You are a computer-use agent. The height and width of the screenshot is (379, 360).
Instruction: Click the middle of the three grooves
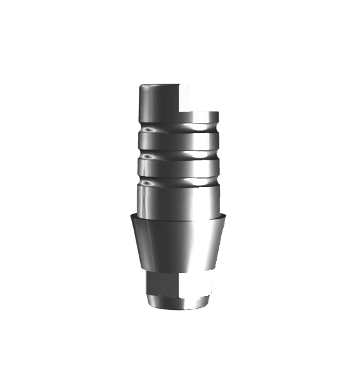pyautogui.click(x=179, y=154)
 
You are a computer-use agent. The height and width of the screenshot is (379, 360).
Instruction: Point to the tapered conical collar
pyautogui.click(x=179, y=244)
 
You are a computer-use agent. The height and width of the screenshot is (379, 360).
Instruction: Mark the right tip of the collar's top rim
pyautogui.click(x=229, y=215)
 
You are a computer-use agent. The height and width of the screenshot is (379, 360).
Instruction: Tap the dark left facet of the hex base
pyautogui.click(x=152, y=288)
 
